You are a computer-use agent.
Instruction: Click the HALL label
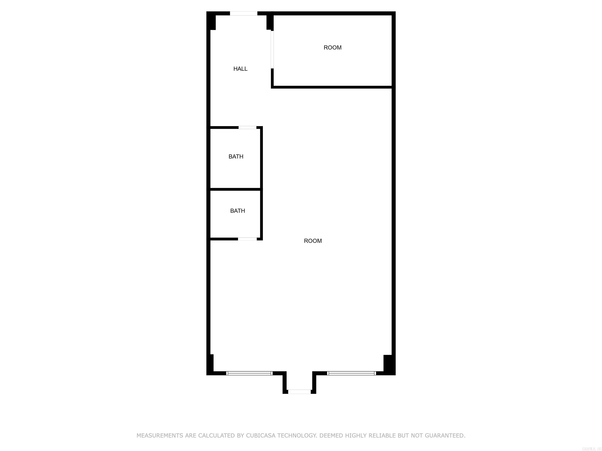[240, 69]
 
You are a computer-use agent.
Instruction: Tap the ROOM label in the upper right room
[332, 48]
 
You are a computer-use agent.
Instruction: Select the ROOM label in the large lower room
[313, 241]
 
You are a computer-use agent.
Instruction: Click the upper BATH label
[236, 157]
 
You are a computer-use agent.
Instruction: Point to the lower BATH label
[238, 211]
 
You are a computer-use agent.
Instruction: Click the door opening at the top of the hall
[244, 13]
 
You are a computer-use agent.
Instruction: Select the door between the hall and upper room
[272, 50]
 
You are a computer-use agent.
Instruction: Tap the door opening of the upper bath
[247, 127]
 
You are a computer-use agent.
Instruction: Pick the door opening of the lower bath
[247, 239]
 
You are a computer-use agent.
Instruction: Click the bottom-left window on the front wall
[249, 373]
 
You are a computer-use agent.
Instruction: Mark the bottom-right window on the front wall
[352, 373]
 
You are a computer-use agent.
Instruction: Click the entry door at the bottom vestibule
[299, 392]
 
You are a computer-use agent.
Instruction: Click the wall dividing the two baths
[236, 189]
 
